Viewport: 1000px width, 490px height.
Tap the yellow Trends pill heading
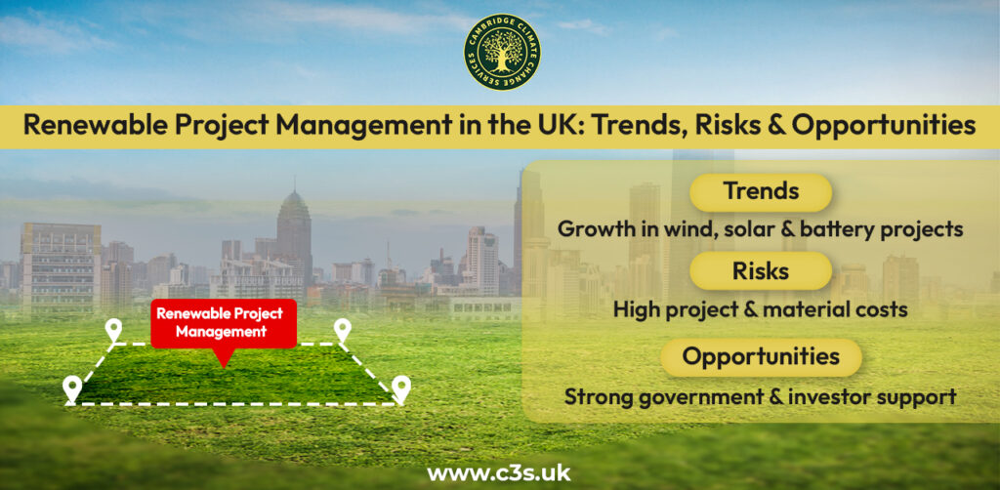(x=760, y=192)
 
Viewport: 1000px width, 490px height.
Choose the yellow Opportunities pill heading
(x=761, y=356)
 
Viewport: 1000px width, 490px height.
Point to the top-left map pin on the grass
(x=114, y=330)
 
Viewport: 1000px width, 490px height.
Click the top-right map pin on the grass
(x=342, y=330)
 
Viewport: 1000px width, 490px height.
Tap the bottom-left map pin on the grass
(x=71, y=388)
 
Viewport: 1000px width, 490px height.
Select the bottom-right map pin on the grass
(x=400, y=388)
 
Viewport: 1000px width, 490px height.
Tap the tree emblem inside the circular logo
(x=502, y=51)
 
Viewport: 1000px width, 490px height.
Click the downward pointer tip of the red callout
(x=224, y=363)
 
